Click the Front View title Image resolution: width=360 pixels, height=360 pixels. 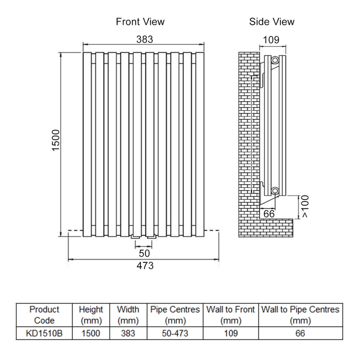[x=140, y=22]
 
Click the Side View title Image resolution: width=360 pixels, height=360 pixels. [x=272, y=22]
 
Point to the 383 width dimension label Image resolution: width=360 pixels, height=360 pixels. [x=145, y=39]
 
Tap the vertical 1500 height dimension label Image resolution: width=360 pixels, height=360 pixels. [x=56, y=141]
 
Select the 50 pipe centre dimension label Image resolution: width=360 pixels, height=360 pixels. [x=144, y=253]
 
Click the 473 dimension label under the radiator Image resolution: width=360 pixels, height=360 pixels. [x=145, y=265]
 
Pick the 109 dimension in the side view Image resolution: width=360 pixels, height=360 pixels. [x=271, y=40]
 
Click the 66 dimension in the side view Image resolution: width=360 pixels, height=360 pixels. [x=269, y=214]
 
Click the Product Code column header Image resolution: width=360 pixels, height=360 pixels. [x=44, y=315]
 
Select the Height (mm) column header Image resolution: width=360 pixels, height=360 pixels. [x=91, y=315]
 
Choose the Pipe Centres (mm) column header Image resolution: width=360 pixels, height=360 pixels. [x=175, y=315]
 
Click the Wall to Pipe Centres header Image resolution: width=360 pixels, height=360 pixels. [x=300, y=315]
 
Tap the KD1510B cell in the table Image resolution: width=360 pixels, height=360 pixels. [x=44, y=333]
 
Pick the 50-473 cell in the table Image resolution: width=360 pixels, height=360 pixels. [x=175, y=333]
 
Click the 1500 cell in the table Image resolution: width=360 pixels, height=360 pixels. [x=91, y=333]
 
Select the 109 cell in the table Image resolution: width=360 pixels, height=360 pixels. [x=231, y=333]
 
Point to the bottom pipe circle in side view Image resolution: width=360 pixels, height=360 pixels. [x=275, y=189]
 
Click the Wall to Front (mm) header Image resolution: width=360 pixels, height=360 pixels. [x=231, y=315]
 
